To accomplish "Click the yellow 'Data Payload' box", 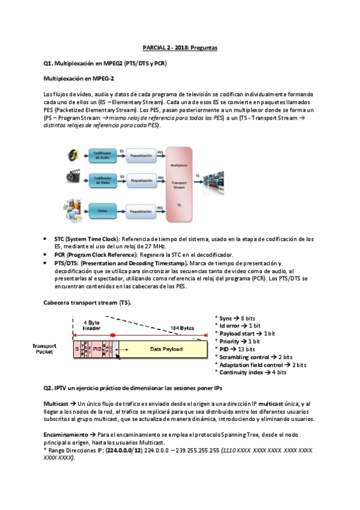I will point(163,348).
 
